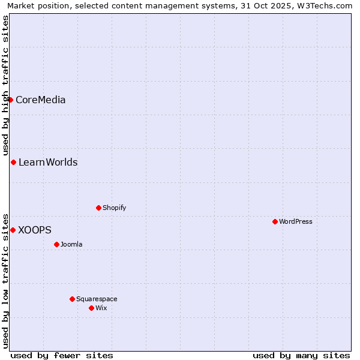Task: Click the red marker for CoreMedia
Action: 11,100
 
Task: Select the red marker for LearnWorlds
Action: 13,162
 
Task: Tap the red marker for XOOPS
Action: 13,230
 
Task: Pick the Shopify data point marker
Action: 98,208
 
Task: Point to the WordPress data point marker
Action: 275,221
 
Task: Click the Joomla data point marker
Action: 56,244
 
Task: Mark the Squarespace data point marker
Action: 72,299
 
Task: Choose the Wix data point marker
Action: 91,308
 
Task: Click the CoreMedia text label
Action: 40,100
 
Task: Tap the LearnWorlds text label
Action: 48,162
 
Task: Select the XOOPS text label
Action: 35,230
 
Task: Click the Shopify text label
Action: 114,208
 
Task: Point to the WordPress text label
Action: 295,221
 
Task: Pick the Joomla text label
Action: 71,244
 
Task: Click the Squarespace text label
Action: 97,299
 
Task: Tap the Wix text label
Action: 101,308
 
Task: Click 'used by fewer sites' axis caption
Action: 62,355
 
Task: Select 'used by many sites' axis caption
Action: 301,355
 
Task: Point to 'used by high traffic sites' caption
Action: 5,85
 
